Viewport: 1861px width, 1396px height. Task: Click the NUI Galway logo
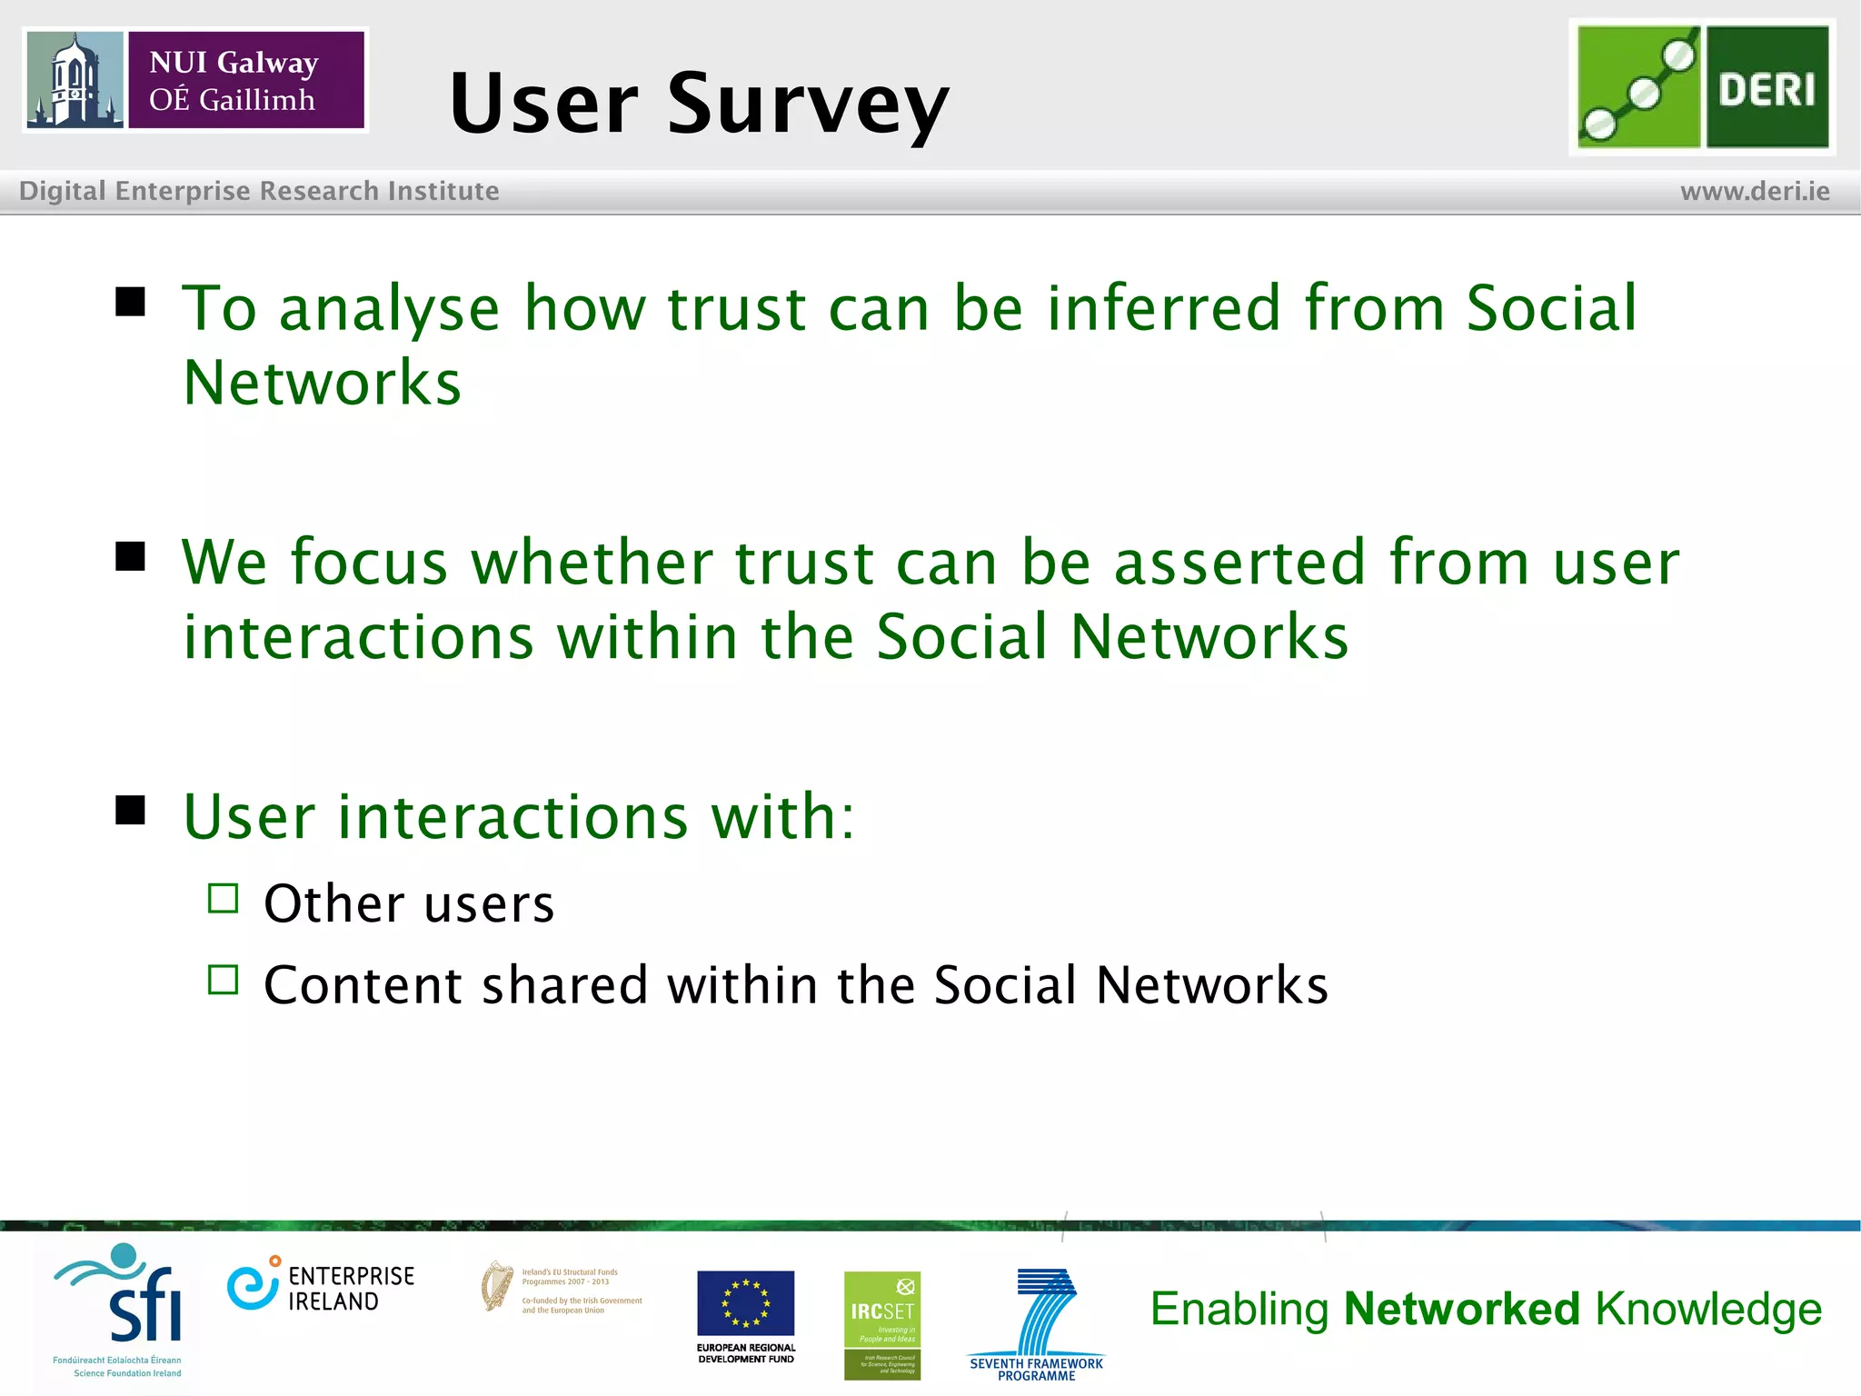coord(195,80)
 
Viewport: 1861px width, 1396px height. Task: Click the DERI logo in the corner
coord(1702,87)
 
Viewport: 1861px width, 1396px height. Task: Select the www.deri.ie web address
coord(1754,192)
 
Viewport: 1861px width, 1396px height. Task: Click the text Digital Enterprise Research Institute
coord(259,191)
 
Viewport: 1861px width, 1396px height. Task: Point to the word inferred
coord(1164,308)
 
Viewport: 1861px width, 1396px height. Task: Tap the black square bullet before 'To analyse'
coord(131,302)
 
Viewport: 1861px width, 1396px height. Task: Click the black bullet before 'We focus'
coord(131,556)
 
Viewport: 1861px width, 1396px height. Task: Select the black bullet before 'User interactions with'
coord(131,810)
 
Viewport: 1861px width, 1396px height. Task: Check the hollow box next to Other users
coord(223,899)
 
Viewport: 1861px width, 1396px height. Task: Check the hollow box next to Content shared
coord(223,980)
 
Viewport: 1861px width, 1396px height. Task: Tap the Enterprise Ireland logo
coord(320,1288)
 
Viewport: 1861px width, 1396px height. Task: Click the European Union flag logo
coord(745,1304)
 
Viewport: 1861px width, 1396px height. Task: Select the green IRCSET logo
coord(881,1325)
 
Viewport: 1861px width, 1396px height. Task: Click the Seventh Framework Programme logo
coord(1038,1322)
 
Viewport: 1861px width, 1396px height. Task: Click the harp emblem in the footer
coord(496,1286)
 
